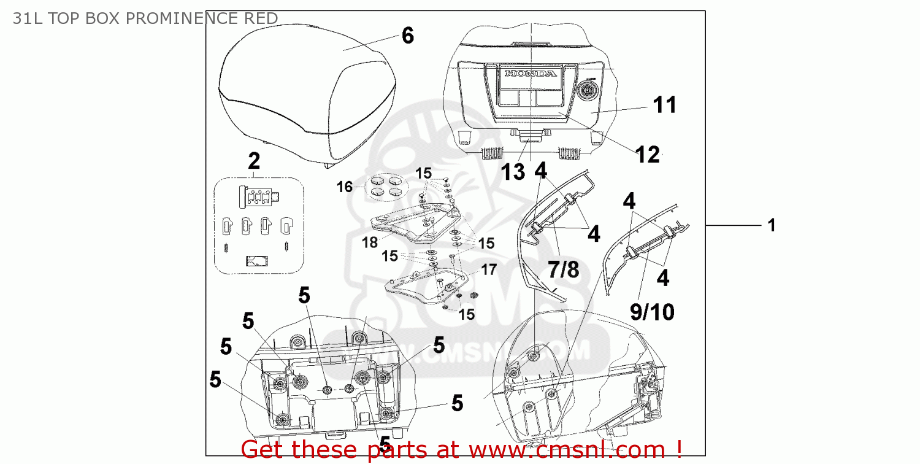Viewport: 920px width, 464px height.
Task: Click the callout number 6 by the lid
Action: coord(408,36)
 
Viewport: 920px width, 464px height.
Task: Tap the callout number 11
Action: coord(664,105)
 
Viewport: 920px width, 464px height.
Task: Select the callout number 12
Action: coord(648,155)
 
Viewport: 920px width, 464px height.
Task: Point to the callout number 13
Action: coord(513,172)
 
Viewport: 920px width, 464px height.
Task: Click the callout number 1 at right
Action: coord(772,226)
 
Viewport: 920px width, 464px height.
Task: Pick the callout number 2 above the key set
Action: coord(254,161)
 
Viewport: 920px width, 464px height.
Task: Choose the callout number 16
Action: coord(345,187)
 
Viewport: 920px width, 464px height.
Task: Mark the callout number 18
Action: coord(370,242)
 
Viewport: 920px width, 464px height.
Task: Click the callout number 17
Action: coord(488,269)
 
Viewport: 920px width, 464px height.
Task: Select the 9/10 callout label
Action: coord(652,312)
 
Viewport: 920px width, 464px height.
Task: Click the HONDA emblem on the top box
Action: coord(531,74)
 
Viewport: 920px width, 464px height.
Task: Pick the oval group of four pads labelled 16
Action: coord(388,186)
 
